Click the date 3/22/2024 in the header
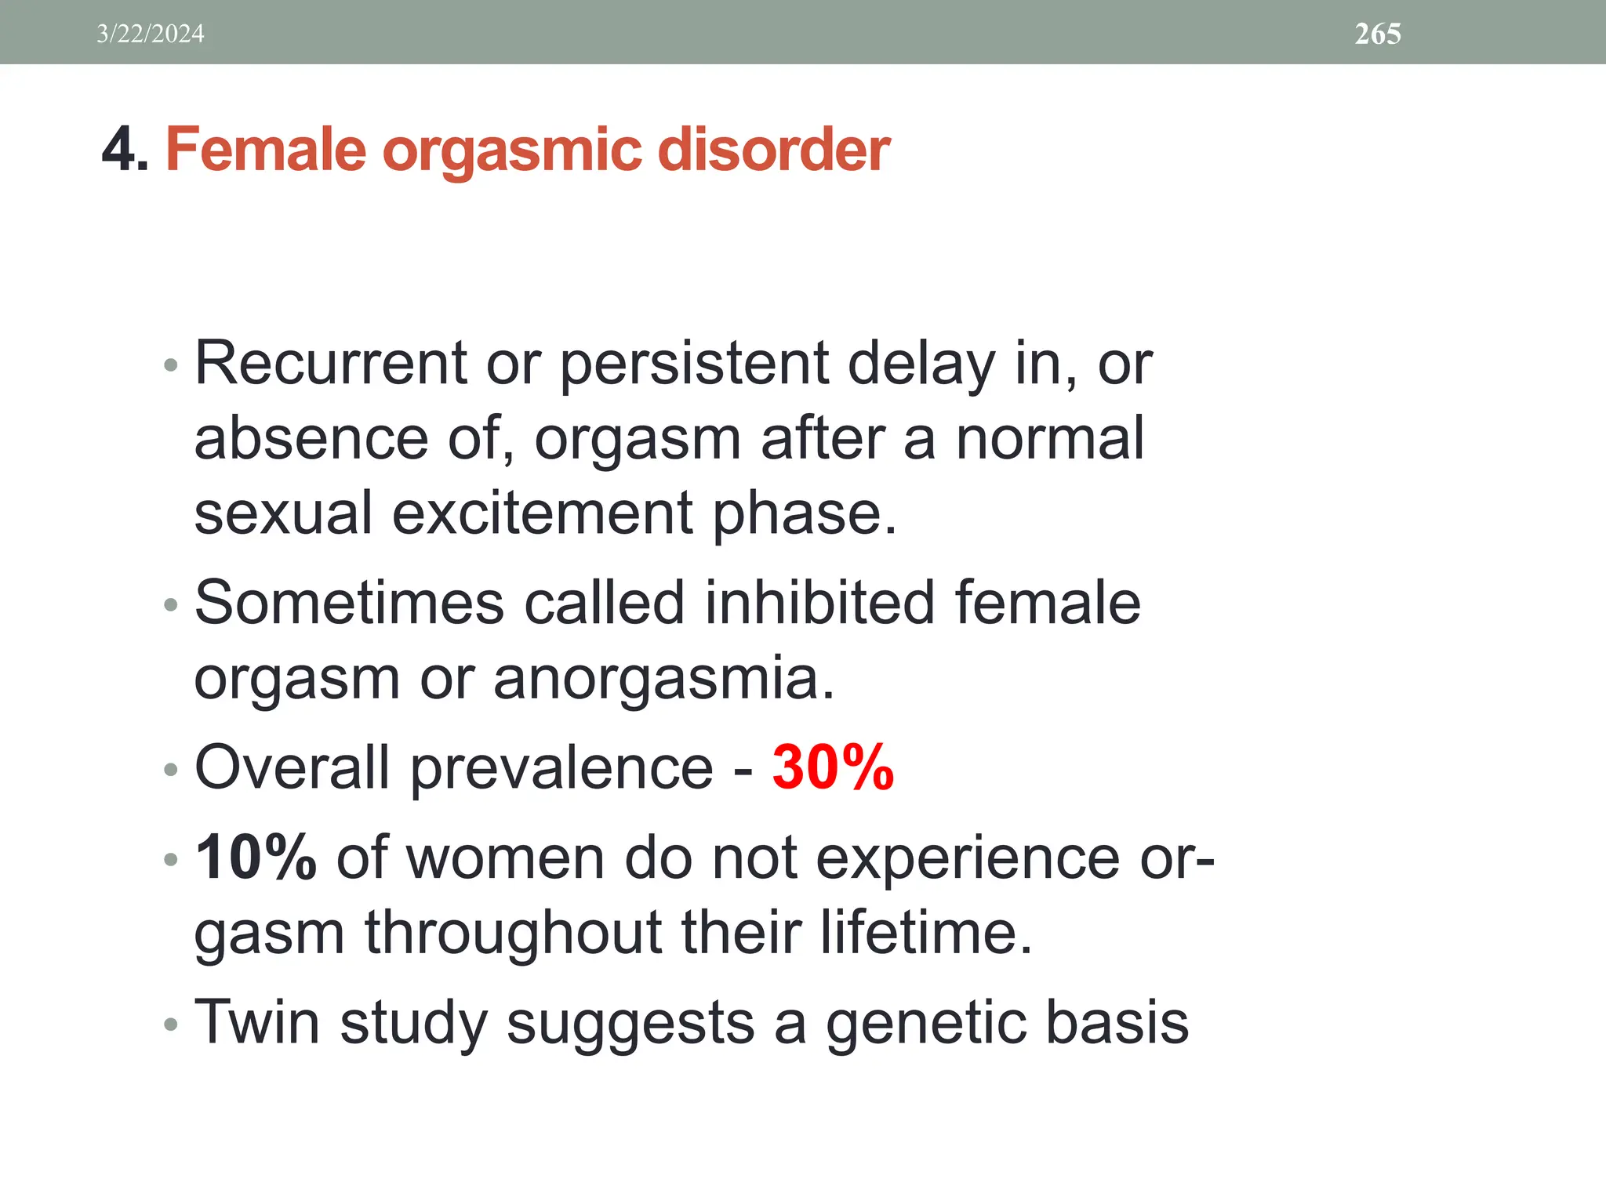click(x=150, y=34)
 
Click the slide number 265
click(x=1378, y=34)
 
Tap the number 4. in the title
click(x=125, y=149)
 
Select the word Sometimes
click(x=349, y=603)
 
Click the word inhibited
click(x=819, y=603)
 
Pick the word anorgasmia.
click(x=663, y=678)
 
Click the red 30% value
click(x=833, y=767)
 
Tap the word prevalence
click(x=561, y=767)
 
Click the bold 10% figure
click(x=256, y=858)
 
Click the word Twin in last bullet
click(x=257, y=1022)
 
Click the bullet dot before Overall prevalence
click(x=171, y=770)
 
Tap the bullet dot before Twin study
click(x=171, y=1024)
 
